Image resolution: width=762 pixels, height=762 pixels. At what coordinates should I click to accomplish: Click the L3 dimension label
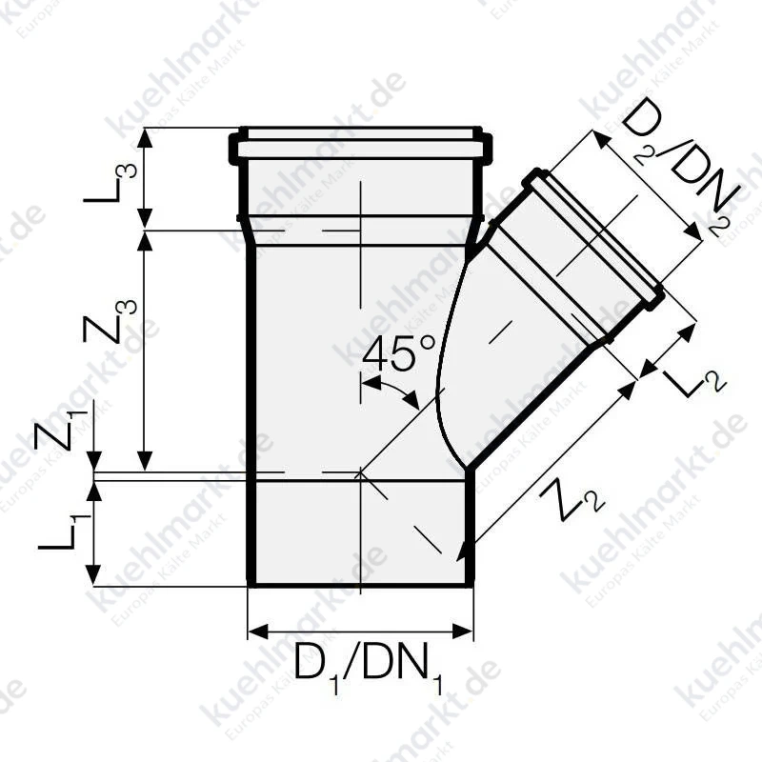click(110, 183)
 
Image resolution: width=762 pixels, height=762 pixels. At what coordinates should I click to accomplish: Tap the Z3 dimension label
click(110, 322)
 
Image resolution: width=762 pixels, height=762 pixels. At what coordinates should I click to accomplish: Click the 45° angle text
click(398, 353)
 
